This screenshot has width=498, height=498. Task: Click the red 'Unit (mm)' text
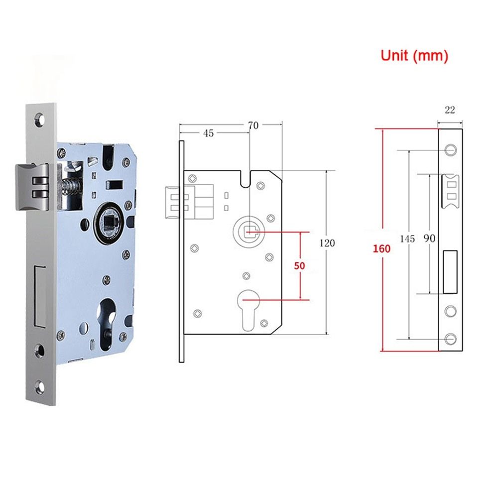point(414,55)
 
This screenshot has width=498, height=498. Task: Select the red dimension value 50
point(299,266)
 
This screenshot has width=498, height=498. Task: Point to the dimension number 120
point(328,243)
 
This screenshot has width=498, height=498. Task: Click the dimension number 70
point(253,125)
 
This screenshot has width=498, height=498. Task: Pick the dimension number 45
point(209,133)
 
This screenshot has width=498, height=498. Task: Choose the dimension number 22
point(450,110)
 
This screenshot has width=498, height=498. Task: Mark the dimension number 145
point(407,239)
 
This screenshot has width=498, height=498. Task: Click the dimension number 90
point(429,239)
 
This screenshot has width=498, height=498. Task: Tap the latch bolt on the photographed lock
point(32,186)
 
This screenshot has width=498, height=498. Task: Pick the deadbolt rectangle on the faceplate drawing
point(450,271)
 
